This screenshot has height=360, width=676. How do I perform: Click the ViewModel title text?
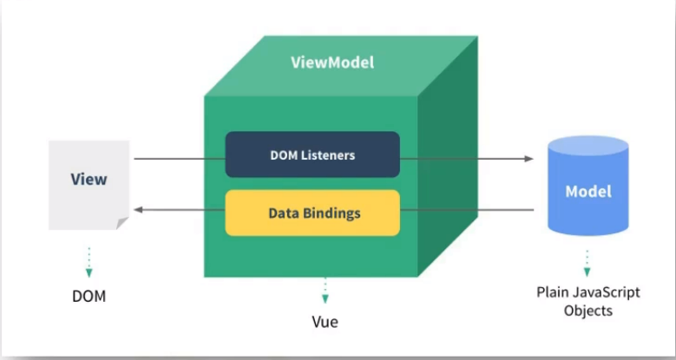pos(332,62)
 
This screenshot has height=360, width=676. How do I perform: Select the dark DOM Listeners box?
pos(312,154)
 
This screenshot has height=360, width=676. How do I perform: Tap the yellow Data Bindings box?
pos(312,213)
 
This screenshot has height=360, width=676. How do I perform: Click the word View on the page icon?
pos(89,179)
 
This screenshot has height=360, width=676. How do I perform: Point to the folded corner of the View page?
pos(121,222)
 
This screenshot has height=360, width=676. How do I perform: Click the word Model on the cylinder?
pos(588,192)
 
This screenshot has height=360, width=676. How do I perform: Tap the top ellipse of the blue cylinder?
pos(588,146)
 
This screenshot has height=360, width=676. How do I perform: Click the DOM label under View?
pos(89,296)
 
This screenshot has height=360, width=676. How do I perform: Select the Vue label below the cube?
pos(325,322)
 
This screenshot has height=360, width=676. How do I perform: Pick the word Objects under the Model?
pos(588,311)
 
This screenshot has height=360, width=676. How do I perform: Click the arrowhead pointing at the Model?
pos(529,159)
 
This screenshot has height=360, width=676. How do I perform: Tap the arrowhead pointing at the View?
pos(138,210)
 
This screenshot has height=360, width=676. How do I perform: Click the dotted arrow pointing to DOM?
pos(89,262)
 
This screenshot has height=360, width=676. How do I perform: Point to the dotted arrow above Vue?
pos(325,290)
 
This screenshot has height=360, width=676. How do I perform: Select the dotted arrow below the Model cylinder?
pos(587,263)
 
